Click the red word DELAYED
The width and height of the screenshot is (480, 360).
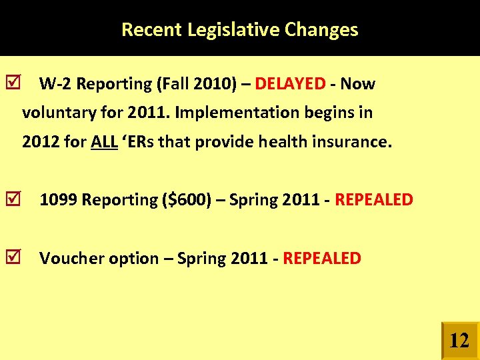pyautogui.click(x=290, y=84)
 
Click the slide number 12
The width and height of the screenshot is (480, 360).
pyautogui.click(x=459, y=341)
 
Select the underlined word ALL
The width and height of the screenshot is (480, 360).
pyautogui.click(x=104, y=142)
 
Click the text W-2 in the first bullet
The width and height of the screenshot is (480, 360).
pyautogui.click(x=55, y=84)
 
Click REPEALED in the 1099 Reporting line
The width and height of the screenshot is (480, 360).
pyautogui.click(x=373, y=199)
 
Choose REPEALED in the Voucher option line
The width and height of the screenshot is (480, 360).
pyautogui.click(x=322, y=258)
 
